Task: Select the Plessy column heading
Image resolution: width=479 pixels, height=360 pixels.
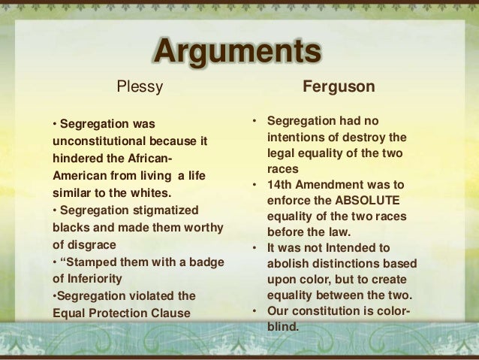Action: pos(139,87)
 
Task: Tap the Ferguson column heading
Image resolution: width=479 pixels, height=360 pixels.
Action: pos(339,87)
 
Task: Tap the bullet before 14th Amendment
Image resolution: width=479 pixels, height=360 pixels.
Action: pos(255,185)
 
